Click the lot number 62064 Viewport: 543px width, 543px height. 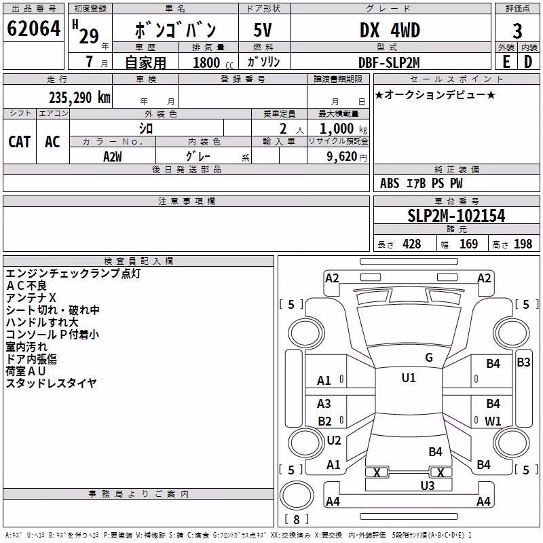coord(33,29)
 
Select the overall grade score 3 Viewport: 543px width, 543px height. coord(517,31)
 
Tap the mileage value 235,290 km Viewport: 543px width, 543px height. coord(79,98)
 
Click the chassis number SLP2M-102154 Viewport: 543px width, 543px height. coord(456,216)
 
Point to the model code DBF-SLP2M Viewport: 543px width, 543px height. coord(389,62)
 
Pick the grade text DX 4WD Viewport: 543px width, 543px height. coord(390,30)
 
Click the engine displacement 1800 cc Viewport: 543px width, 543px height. coord(213,62)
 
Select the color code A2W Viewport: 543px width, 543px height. coord(113,157)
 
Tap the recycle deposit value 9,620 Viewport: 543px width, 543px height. coord(342,157)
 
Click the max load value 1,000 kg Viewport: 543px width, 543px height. coord(343,128)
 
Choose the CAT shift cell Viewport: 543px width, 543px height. coord(20,142)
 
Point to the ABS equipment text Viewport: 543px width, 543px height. coord(390,183)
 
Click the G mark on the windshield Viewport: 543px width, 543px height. coord(429,358)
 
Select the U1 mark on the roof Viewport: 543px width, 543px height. coord(409,378)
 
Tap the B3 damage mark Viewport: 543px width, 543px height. coord(523,362)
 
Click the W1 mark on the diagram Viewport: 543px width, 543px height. coord(493,421)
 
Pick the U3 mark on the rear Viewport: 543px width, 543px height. coord(428,486)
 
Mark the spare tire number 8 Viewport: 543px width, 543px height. coord(297,519)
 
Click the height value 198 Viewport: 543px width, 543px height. coord(523,244)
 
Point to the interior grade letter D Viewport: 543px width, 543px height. coord(528,62)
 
